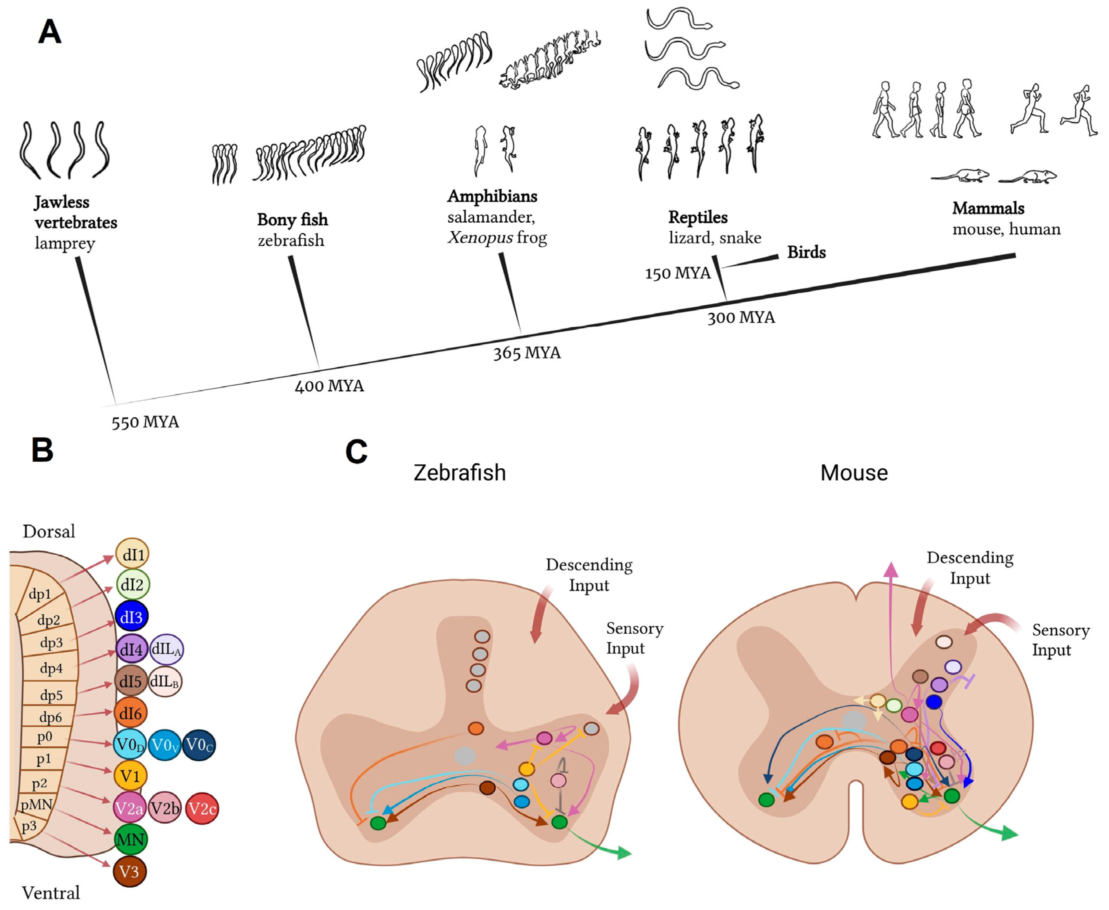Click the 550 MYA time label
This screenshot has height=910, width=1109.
[145, 422]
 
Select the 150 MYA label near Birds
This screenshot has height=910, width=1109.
[677, 273]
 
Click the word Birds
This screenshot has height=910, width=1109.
[806, 252]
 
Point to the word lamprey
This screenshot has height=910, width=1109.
[65, 243]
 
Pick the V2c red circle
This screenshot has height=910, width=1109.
[202, 808]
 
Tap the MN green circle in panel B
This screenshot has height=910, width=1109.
[130, 840]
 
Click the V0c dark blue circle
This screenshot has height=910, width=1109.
[199, 745]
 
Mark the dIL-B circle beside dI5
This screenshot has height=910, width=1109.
[165, 682]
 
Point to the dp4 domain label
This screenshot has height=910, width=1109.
[51, 668]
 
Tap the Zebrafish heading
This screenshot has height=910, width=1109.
[459, 473]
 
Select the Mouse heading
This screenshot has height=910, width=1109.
[854, 473]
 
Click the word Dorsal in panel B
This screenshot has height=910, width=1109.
[49, 532]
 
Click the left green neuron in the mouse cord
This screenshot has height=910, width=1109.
[766, 799]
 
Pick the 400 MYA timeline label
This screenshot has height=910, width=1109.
[329, 386]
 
